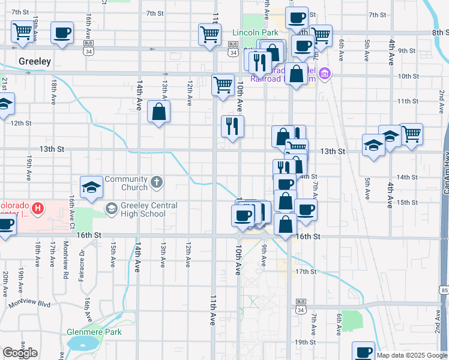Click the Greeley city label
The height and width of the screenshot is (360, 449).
35,62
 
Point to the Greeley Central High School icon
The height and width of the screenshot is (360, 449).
112,208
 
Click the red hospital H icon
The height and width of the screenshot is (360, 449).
38,209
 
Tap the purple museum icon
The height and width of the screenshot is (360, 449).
325,74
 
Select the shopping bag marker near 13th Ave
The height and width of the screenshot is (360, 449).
159,112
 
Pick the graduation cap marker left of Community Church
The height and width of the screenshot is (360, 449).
92,187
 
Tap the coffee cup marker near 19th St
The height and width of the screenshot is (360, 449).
363,352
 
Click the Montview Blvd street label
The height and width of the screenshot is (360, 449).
34,303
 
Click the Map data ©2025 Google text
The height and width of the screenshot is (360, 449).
411,355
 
